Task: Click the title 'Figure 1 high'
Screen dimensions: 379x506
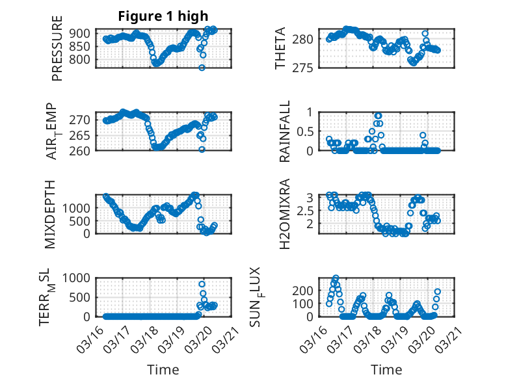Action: (x=163, y=16)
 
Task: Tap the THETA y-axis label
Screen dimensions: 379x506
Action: (x=280, y=49)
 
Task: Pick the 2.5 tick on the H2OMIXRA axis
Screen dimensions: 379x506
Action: (x=308, y=210)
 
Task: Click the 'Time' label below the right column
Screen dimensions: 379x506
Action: (x=386, y=369)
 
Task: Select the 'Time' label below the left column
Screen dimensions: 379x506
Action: (x=163, y=369)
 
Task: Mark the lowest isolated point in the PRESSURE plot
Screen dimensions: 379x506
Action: (x=202, y=68)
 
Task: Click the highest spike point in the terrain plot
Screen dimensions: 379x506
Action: (x=202, y=284)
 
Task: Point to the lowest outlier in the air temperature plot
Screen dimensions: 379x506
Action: (x=202, y=150)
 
